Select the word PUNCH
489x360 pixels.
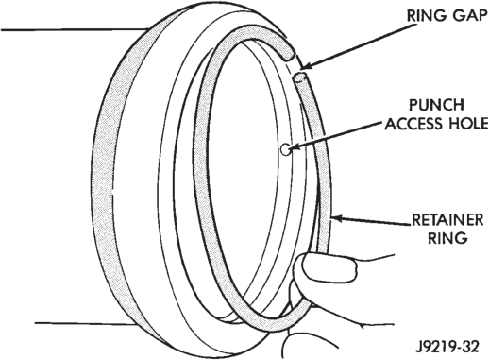tap(436, 105)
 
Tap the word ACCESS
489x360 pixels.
tap(412, 124)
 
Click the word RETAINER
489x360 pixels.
tap(447, 219)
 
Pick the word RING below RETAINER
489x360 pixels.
tap(447, 238)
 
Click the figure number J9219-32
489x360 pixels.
tap(447, 347)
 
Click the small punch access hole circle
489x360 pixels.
tap(286, 149)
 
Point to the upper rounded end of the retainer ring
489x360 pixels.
tap(288, 56)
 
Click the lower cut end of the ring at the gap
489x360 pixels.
tap(300, 77)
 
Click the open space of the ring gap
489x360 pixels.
tap(295, 67)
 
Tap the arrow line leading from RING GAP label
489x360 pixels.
tap(358, 45)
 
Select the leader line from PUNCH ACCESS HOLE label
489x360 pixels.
tap(337, 134)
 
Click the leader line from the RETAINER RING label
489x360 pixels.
tap(371, 221)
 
